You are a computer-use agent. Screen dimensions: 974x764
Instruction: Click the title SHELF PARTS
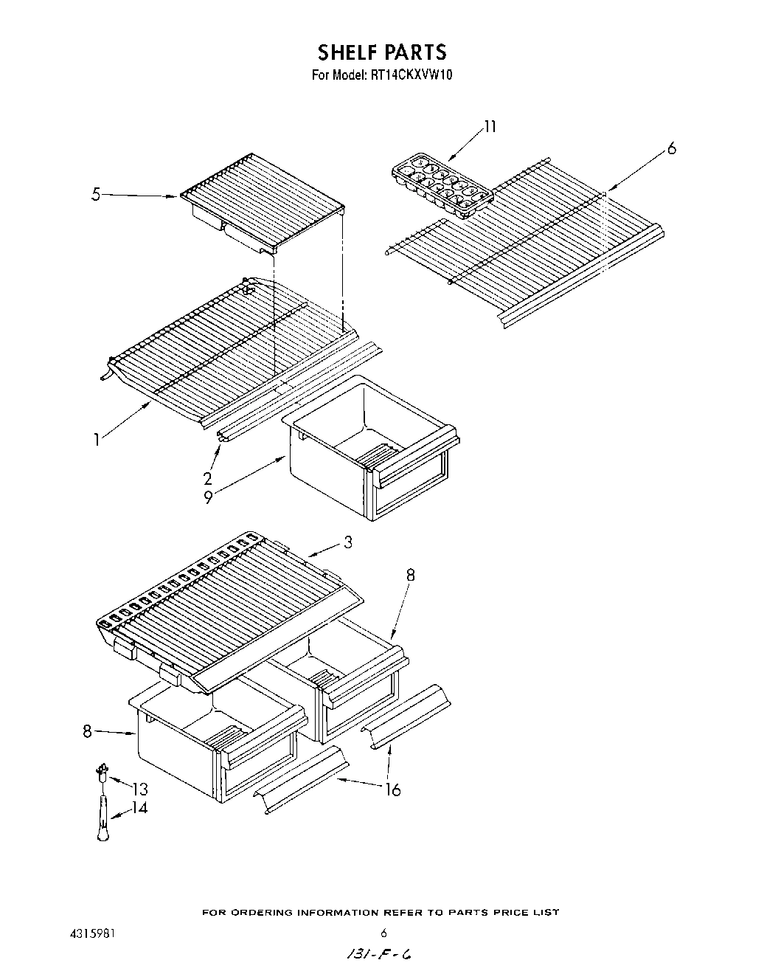(381, 52)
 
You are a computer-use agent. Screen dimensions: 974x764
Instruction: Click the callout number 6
(670, 149)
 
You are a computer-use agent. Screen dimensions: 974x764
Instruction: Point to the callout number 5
(96, 195)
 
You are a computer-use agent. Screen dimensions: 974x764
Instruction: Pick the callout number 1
(96, 440)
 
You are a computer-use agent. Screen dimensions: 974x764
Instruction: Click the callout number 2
(208, 477)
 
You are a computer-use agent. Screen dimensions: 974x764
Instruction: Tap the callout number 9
(208, 498)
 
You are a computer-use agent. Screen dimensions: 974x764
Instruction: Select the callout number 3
(347, 542)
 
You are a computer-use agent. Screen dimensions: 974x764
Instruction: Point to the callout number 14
(139, 808)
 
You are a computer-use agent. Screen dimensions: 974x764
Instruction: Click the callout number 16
(392, 790)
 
